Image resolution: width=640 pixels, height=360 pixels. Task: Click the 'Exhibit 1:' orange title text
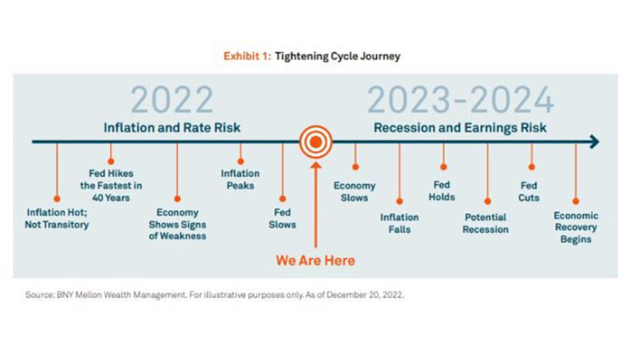[247, 56]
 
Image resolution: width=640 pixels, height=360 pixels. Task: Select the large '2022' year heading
[172, 100]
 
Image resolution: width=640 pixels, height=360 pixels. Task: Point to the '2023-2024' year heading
[461, 100]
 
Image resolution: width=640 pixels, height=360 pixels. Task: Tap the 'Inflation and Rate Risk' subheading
[172, 127]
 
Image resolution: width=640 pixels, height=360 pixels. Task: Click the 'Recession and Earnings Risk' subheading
[460, 127]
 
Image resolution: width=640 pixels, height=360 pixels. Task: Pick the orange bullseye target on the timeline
[315, 142]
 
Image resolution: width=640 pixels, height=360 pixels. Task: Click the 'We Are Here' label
[315, 261]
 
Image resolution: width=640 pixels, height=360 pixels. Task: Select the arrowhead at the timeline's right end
[595, 142]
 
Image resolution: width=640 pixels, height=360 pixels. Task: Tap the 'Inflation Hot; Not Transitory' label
[57, 218]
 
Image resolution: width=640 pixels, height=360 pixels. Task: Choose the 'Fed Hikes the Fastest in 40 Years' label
[111, 186]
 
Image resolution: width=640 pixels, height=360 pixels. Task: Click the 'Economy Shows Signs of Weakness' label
[177, 224]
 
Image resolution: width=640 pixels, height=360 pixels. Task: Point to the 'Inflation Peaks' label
[240, 179]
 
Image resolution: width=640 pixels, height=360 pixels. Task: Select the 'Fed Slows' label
[282, 218]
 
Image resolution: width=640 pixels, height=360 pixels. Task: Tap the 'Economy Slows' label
[354, 192]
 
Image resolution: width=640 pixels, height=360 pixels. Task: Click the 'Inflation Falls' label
[400, 223]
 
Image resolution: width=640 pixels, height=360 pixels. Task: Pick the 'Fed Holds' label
[442, 191]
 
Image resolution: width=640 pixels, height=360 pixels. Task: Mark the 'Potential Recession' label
[485, 223]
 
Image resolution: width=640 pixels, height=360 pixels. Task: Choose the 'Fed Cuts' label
[529, 192]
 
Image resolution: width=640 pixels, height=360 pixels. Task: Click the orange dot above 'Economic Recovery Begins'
[575, 201]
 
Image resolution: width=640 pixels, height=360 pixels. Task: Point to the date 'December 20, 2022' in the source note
[364, 294]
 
